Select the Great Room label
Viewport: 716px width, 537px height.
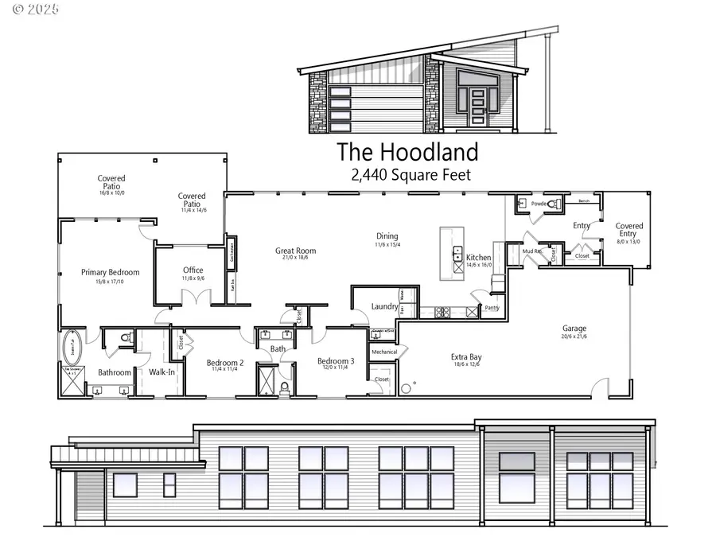295,251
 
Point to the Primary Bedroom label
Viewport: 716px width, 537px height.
110,273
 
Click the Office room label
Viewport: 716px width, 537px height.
193,270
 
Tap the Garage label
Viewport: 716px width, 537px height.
574,328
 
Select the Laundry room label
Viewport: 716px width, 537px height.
384,307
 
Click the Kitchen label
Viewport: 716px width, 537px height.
479,258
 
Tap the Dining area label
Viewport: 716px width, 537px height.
387,236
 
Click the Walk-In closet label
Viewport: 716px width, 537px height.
161,372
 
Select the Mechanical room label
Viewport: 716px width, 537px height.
384,351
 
